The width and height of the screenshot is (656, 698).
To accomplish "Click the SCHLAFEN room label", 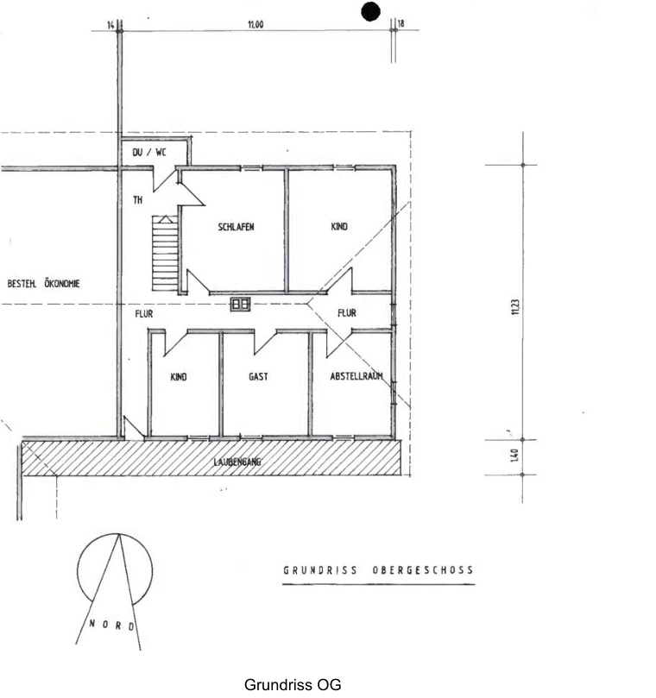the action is [x=236, y=227].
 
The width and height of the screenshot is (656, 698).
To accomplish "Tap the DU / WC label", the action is [x=149, y=152].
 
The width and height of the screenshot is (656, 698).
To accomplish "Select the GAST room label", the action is [x=258, y=376].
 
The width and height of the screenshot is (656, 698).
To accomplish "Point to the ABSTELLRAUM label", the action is [x=356, y=376].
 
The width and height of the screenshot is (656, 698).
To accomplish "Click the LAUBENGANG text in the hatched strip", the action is [x=237, y=462].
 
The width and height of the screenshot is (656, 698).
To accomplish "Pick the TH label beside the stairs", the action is [x=138, y=200].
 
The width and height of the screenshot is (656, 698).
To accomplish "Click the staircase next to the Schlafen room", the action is [x=165, y=253].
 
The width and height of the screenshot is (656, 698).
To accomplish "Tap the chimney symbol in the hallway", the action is [x=241, y=305].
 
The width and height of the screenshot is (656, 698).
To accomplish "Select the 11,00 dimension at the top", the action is [x=255, y=24].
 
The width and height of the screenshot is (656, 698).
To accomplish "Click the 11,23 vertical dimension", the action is [x=515, y=306].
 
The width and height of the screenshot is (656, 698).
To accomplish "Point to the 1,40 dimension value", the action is [x=514, y=455].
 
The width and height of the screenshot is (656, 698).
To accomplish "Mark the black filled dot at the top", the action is [x=370, y=11].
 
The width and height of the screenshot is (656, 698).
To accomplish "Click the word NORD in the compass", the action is [x=112, y=625].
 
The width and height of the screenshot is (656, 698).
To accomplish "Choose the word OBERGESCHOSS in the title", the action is [x=423, y=570].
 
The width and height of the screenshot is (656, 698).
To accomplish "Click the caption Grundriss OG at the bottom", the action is [x=293, y=685].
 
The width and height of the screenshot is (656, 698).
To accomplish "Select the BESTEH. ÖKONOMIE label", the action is [x=44, y=284].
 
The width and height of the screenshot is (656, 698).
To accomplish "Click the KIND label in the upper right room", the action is [x=339, y=227].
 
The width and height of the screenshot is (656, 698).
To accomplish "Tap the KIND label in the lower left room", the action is [x=179, y=377].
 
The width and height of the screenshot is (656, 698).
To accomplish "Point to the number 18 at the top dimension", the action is [x=401, y=23].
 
